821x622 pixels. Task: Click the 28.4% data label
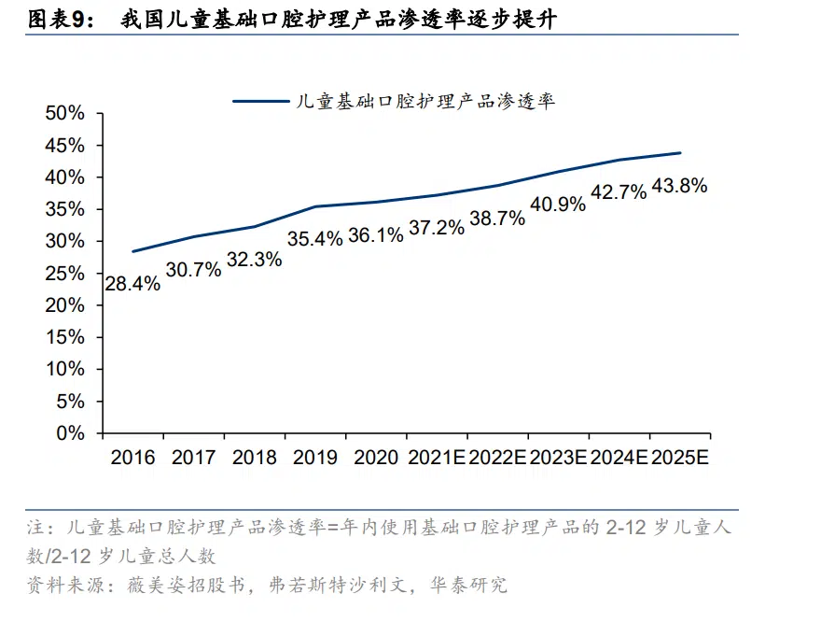pyautogui.click(x=132, y=283)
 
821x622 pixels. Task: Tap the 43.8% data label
pyautogui.click(x=679, y=186)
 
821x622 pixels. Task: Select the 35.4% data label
pyautogui.click(x=314, y=239)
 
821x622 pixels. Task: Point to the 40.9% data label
pyautogui.click(x=558, y=204)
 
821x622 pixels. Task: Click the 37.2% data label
pyautogui.click(x=436, y=227)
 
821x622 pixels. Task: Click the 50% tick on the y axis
pyautogui.click(x=64, y=114)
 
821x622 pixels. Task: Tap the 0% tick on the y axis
pyautogui.click(x=70, y=433)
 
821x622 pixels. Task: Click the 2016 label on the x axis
pyautogui.click(x=132, y=458)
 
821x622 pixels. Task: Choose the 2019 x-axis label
pyautogui.click(x=314, y=458)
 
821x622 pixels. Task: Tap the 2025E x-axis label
pyautogui.click(x=679, y=458)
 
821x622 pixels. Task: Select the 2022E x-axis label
pyautogui.click(x=497, y=458)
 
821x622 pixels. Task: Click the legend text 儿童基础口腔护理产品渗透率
pyautogui.click(x=424, y=100)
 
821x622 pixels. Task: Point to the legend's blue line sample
pyautogui.click(x=260, y=100)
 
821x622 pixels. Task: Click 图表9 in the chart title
pyautogui.click(x=56, y=18)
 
